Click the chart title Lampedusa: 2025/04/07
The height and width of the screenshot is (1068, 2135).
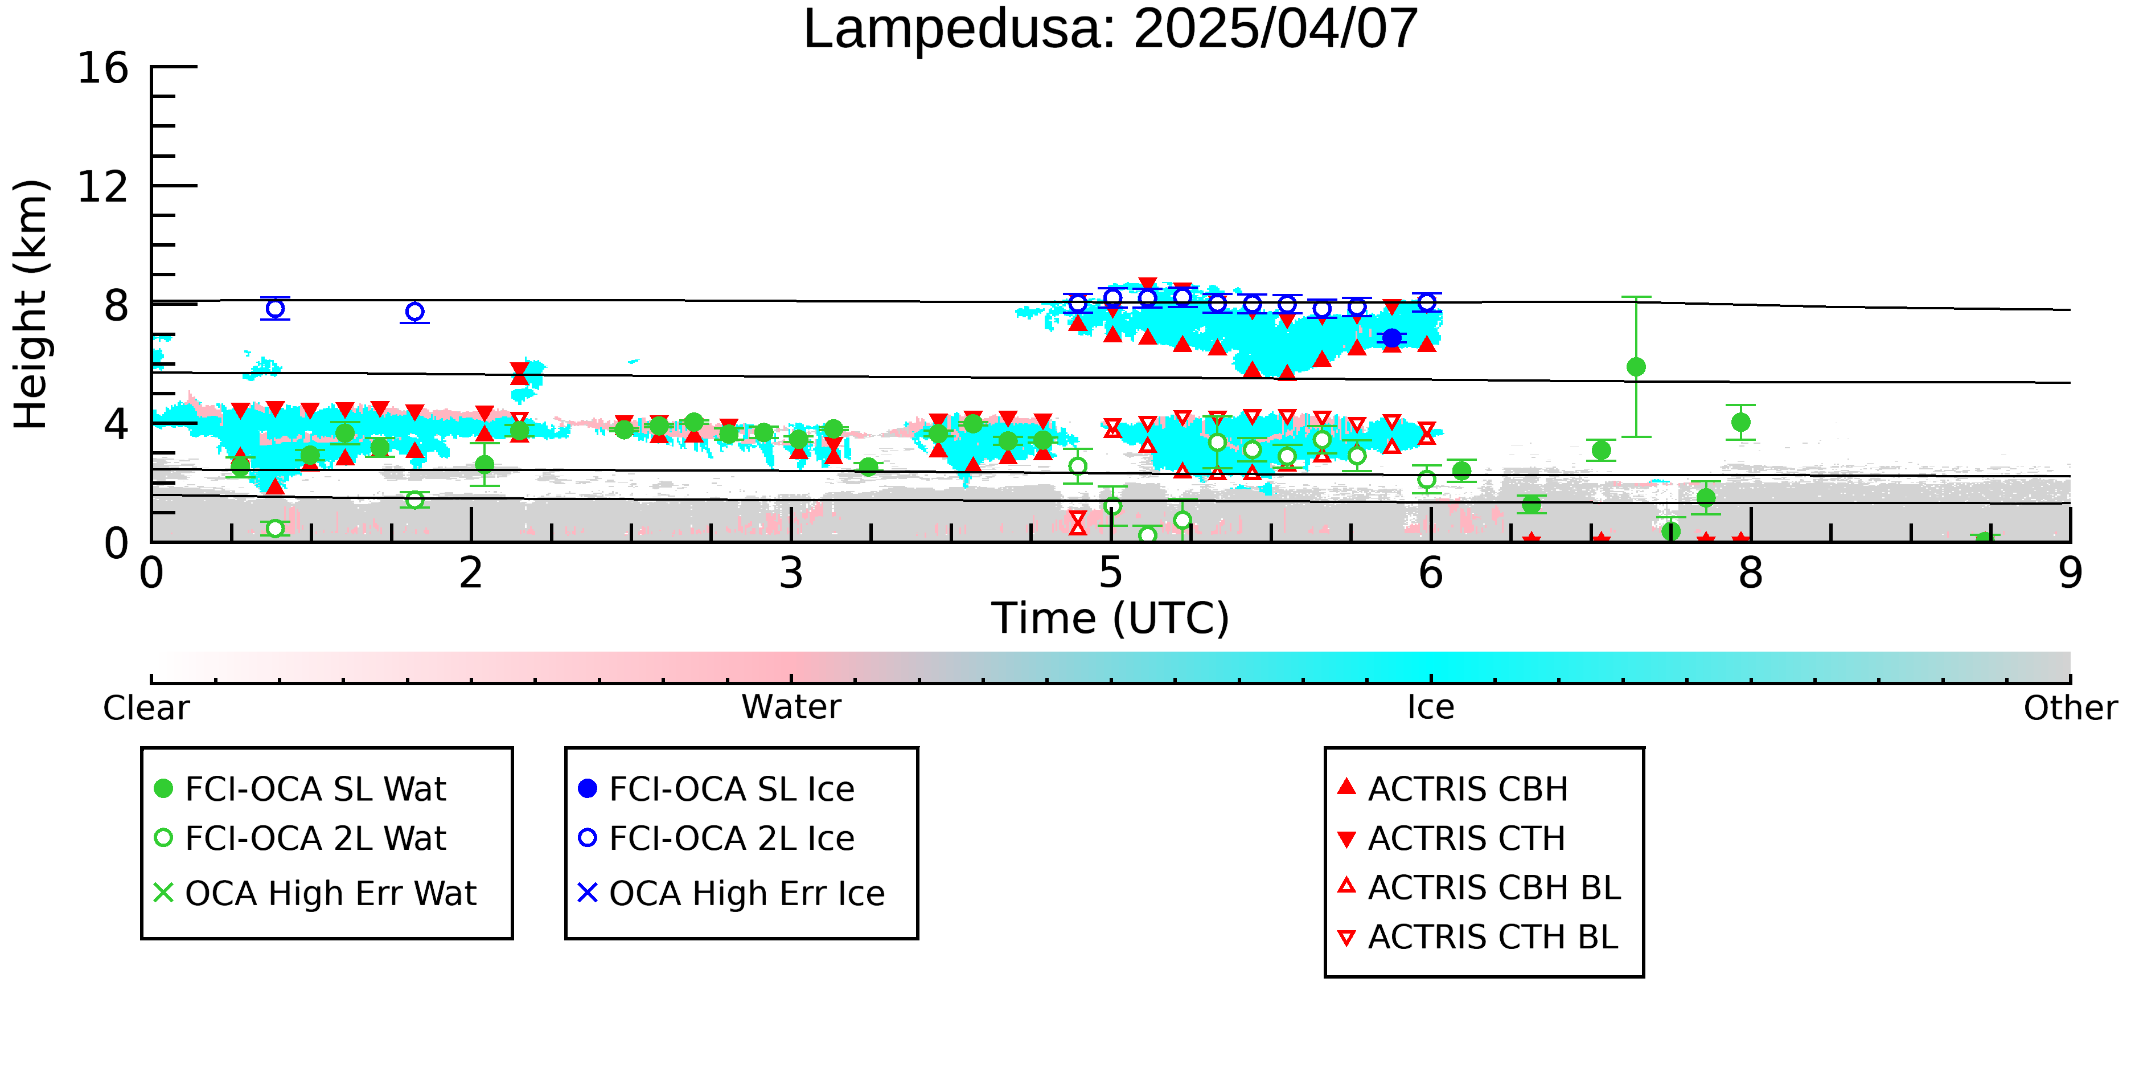click(x=1111, y=30)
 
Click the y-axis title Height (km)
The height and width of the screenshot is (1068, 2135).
click(x=31, y=304)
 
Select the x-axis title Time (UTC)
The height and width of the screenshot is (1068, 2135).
click(x=1111, y=619)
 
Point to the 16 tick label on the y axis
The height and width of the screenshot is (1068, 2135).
click(x=103, y=67)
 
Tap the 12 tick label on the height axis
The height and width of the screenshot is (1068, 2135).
click(x=103, y=187)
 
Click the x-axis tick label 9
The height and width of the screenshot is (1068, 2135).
click(x=2070, y=573)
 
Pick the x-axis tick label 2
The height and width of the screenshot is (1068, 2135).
click(x=471, y=573)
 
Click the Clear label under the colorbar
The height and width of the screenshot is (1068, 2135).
click(x=146, y=708)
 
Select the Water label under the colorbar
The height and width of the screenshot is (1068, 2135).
click(x=791, y=707)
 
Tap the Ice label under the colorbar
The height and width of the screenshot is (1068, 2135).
click(x=1431, y=707)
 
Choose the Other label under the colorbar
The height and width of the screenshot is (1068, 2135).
click(x=2070, y=708)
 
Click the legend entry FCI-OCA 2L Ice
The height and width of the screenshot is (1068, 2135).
click(x=717, y=838)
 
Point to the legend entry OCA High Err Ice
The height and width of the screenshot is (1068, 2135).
click(x=732, y=893)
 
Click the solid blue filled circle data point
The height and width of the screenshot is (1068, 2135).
click(x=1393, y=338)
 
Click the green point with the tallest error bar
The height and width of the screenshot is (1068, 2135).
click(x=1636, y=366)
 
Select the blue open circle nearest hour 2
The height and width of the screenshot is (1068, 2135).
click(x=415, y=312)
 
